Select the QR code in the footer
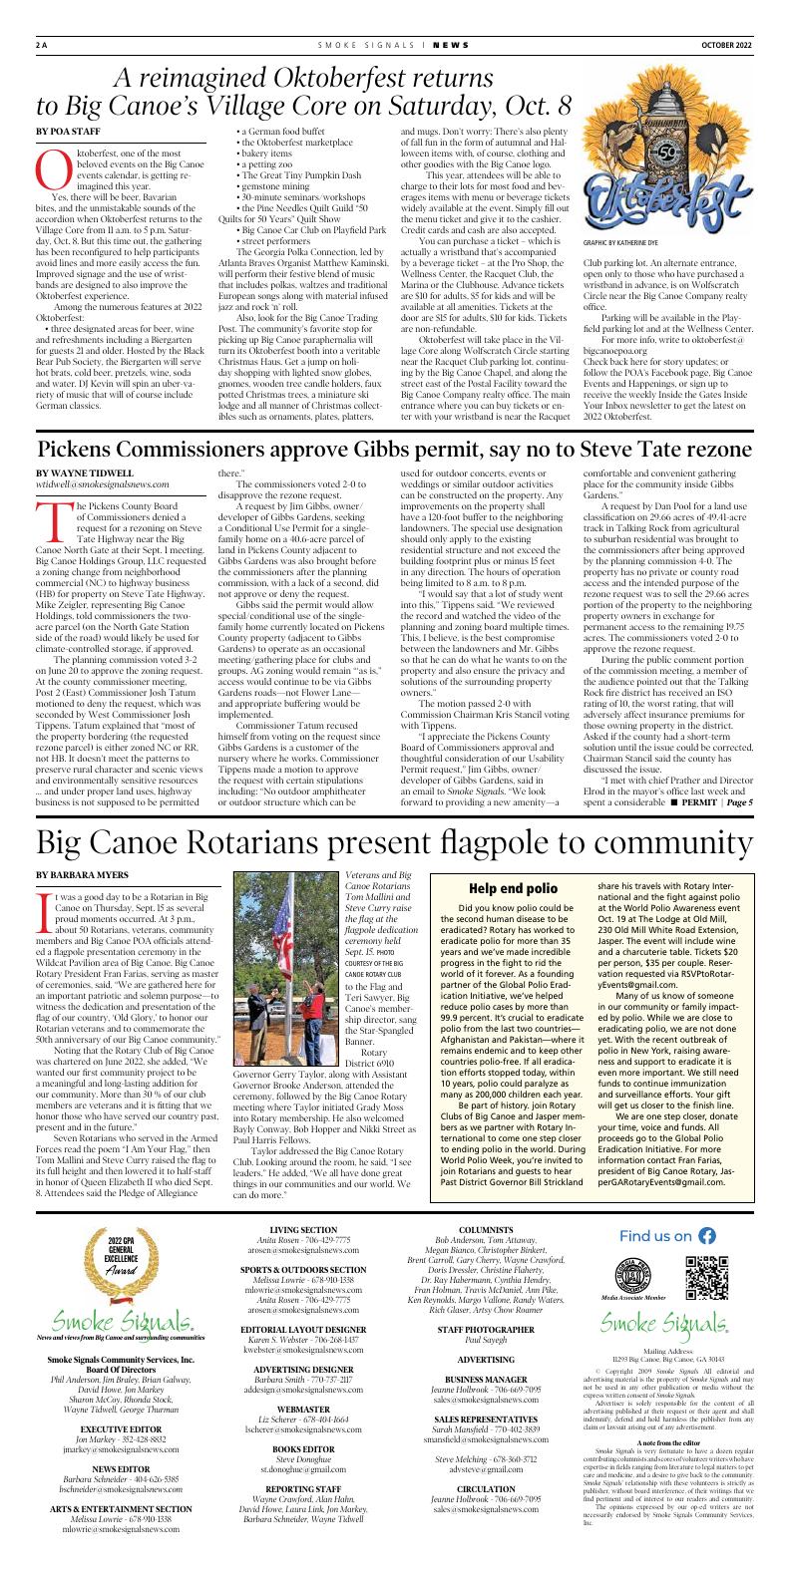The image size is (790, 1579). tap(705, 1304)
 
